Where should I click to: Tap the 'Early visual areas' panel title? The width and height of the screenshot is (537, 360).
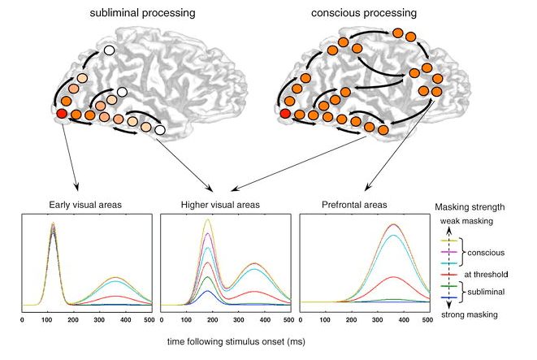coord(87,206)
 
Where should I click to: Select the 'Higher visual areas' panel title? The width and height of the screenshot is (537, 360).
coord(224,206)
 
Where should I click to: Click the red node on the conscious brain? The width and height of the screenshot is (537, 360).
coord(285,112)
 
